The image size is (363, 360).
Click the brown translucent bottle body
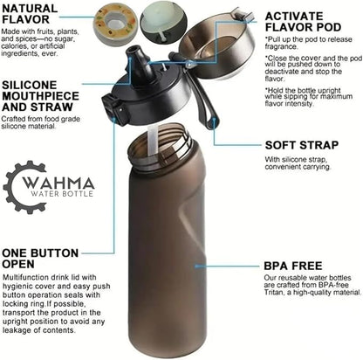point(166,253)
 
